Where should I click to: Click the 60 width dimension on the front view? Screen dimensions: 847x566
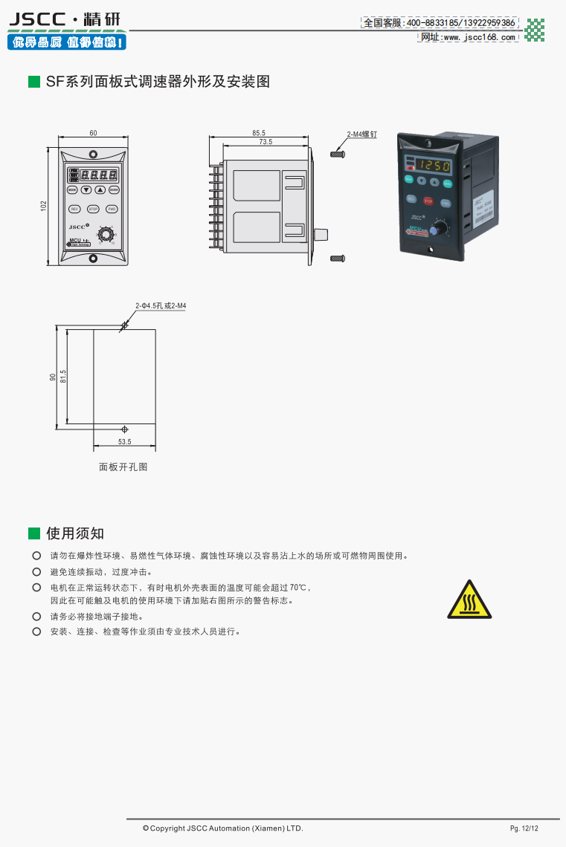tap(93, 133)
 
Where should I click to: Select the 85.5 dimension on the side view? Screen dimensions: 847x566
tap(259, 133)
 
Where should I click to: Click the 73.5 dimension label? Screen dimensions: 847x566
tap(266, 141)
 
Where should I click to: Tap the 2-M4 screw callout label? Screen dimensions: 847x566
tap(362, 135)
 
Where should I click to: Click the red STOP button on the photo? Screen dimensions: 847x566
tap(428, 201)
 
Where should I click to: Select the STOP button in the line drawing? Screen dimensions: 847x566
tap(93, 210)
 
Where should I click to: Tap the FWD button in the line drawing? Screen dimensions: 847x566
tap(112, 210)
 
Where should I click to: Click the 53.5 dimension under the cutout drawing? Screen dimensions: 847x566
tap(124, 441)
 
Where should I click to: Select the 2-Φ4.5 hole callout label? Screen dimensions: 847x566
tap(161, 305)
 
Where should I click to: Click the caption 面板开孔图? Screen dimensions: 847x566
tap(123, 467)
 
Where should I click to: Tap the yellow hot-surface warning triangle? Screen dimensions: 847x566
tap(469, 600)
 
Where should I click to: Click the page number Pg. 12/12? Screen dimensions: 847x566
tap(524, 828)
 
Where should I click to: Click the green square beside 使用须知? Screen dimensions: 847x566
tap(33, 533)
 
